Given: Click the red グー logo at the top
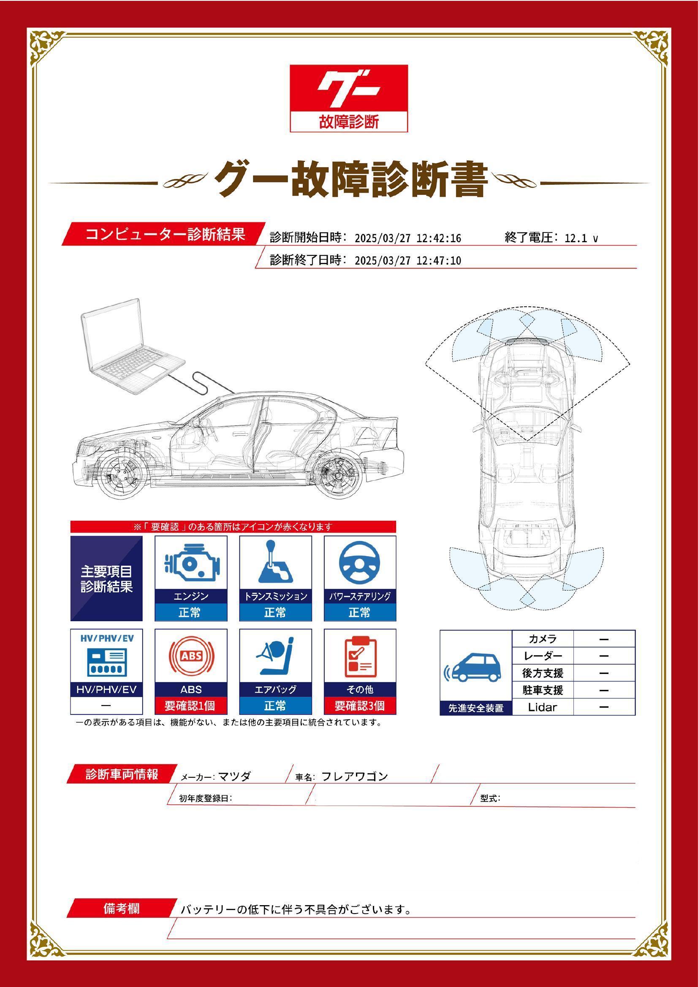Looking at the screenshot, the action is [348, 98].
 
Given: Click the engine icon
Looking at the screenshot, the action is [191, 563].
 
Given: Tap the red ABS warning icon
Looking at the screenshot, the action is [191, 657].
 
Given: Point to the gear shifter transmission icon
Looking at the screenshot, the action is [275, 561].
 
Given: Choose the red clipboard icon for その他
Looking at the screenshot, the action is [360, 657].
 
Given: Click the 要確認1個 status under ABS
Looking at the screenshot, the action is [190, 706].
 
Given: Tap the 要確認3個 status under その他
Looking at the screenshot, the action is [360, 706].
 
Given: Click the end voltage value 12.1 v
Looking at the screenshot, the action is [581, 238].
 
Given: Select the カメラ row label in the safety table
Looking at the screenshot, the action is [542, 639].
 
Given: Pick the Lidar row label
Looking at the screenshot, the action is [542, 707].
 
